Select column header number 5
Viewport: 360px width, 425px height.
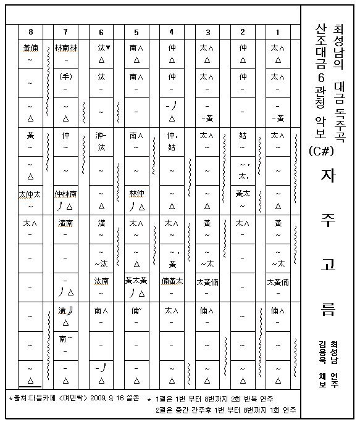(136, 32)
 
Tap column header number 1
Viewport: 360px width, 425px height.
(278, 32)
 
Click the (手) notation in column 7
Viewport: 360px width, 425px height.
(66, 78)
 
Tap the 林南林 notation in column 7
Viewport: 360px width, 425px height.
(66, 47)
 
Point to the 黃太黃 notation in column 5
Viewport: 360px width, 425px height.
(136, 281)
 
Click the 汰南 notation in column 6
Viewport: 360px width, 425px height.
(101, 281)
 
